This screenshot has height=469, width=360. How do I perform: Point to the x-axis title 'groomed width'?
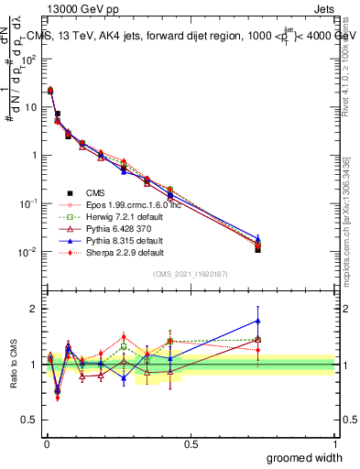click(x=305, y=457)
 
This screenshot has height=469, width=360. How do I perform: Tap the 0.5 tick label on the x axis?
click(x=191, y=443)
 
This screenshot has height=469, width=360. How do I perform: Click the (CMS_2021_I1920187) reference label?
click(x=191, y=274)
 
